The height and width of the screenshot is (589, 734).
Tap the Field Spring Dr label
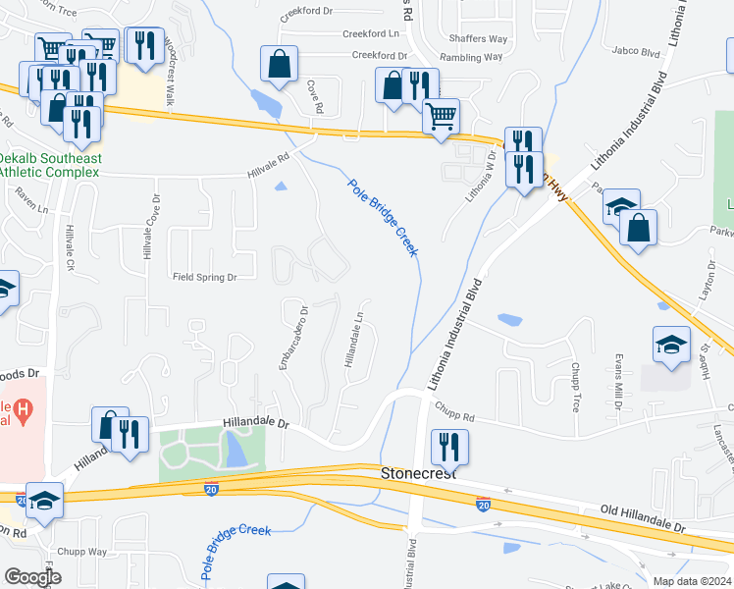click(x=205, y=278)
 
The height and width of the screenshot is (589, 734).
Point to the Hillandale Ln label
click(x=353, y=340)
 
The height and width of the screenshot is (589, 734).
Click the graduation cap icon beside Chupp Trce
click(x=671, y=345)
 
